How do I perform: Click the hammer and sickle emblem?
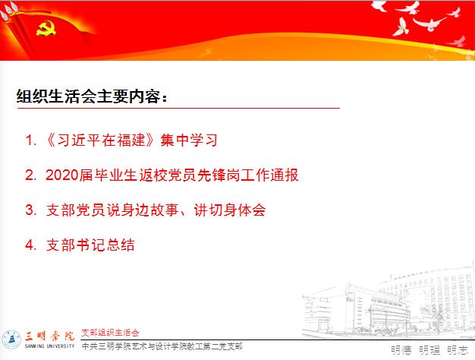pyautogui.click(x=46, y=28)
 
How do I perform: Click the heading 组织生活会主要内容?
pyautogui.click(x=89, y=96)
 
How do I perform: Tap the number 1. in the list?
pyautogui.click(x=31, y=140)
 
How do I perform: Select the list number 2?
pyautogui.click(x=31, y=175)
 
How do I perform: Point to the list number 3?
pyautogui.click(x=31, y=210)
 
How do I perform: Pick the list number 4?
pyautogui.click(x=31, y=245)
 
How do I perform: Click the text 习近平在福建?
pyautogui.click(x=102, y=140)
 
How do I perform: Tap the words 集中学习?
pyautogui.click(x=189, y=140)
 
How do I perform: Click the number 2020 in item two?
pyautogui.click(x=62, y=175)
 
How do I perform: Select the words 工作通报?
pyautogui.click(x=270, y=175)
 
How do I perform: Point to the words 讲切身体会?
pyautogui.click(x=230, y=210)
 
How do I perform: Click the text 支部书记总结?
pyautogui.click(x=90, y=245)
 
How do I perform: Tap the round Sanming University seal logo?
pyautogui.click(x=11, y=339)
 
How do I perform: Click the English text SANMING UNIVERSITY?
pyautogui.click(x=49, y=346)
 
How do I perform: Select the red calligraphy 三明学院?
pyautogui.click(x=49, y=336)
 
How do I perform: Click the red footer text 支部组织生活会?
pyautogui.click(x=110, y=333)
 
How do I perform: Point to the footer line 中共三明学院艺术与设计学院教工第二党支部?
pyautogui.click(x=162, y=346)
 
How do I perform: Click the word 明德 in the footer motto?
pyautogui.click(x=401, y=350)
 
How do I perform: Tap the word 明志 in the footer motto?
pyautogui.click(x=458, y=350)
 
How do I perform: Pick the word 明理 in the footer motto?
pyautogui.click(x=429, y=350)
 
